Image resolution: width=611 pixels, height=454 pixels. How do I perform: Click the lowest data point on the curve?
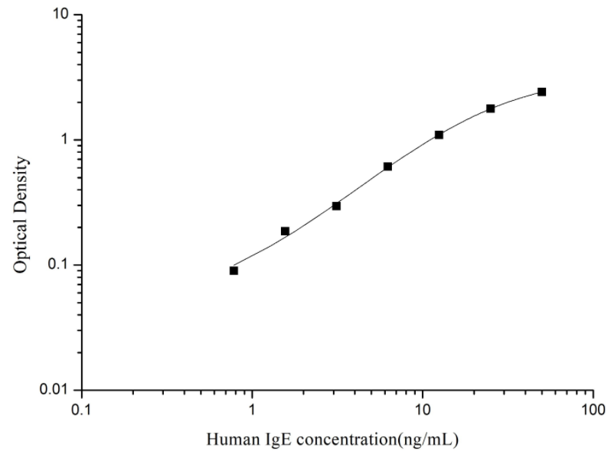[234, 271]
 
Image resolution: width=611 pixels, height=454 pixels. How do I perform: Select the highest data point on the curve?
[542, 92]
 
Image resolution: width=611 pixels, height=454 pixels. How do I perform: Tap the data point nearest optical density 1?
[439, 135]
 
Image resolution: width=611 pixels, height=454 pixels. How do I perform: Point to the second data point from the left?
[285, 231]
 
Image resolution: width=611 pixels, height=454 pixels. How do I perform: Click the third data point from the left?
[336, 206]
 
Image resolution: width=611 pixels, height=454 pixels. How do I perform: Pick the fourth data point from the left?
[387, 166]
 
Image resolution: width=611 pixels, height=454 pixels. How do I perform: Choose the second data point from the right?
[491, 109]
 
